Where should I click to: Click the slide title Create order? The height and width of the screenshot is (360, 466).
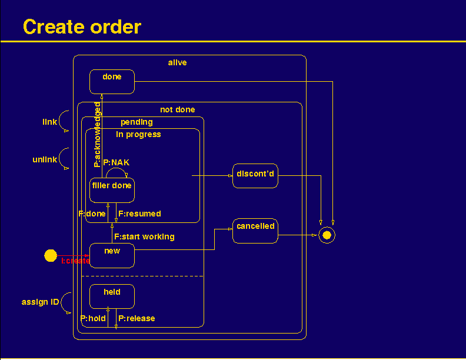(x=82, y=27)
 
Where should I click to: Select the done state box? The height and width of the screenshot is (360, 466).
(x=112, y=81)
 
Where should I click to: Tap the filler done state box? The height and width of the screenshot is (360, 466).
(x=112, y=190)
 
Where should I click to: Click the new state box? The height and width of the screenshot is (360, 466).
(x=112, y=255)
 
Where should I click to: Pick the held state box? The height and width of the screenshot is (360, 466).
(x=112, y=296)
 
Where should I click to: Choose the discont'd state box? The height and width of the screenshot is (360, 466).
(x=255, y=176)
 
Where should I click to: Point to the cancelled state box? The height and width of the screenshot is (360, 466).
(x=255, y=231)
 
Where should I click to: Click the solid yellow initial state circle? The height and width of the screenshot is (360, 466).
(x=51, y=256)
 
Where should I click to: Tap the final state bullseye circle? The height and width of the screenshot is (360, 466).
(x=327, y=235)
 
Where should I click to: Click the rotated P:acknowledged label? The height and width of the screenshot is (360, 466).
(x=98, y=135)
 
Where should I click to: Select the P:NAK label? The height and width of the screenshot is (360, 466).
(x=116, y=162)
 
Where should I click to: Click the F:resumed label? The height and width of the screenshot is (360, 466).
(x=139, y=214)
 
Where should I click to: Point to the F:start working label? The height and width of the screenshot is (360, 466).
(x=144, y=236)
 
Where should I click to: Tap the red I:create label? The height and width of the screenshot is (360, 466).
(x=75, y=261)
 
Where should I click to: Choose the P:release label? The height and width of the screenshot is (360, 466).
(x=137, y=318)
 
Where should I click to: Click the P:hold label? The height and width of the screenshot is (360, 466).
(x=93, y=318)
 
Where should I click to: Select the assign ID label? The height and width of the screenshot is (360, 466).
(x=41, y=302)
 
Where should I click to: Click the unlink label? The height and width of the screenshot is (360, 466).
(x=45, y=160)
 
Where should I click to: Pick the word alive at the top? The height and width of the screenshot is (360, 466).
(x=177, y=62)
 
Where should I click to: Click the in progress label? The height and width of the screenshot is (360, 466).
(x=138, y=134)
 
